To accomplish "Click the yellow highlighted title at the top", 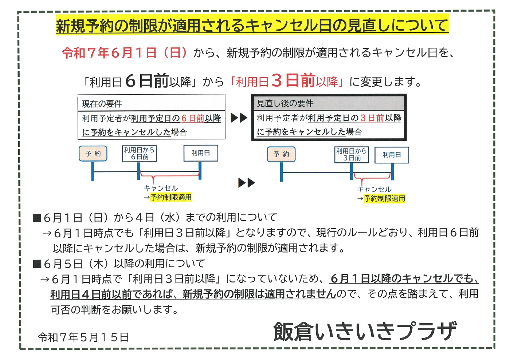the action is [252, 25].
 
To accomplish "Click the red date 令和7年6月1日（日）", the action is [125, 53].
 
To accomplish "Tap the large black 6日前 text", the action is [147, 81].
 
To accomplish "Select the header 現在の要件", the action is [102, 104].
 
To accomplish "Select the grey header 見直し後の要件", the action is [285, 103].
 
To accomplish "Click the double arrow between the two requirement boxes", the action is [239, 118].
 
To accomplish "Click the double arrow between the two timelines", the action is [247, 183].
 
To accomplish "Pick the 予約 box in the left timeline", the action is [93, 154].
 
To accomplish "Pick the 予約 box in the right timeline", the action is [281, 154].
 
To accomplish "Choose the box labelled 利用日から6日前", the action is [139, 154].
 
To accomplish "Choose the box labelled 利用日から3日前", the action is [352, 155].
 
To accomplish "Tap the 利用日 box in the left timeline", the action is [201, 153].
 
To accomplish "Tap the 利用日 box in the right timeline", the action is [392, 155].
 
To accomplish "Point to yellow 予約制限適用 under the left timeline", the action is [171, 197].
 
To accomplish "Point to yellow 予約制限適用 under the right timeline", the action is [384, 198].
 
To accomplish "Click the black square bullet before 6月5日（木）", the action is [37, 264].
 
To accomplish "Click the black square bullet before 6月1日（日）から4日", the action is [37, 218].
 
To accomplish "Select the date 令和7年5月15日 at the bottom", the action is [83, 337].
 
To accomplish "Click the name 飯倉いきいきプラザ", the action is [365, 331].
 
